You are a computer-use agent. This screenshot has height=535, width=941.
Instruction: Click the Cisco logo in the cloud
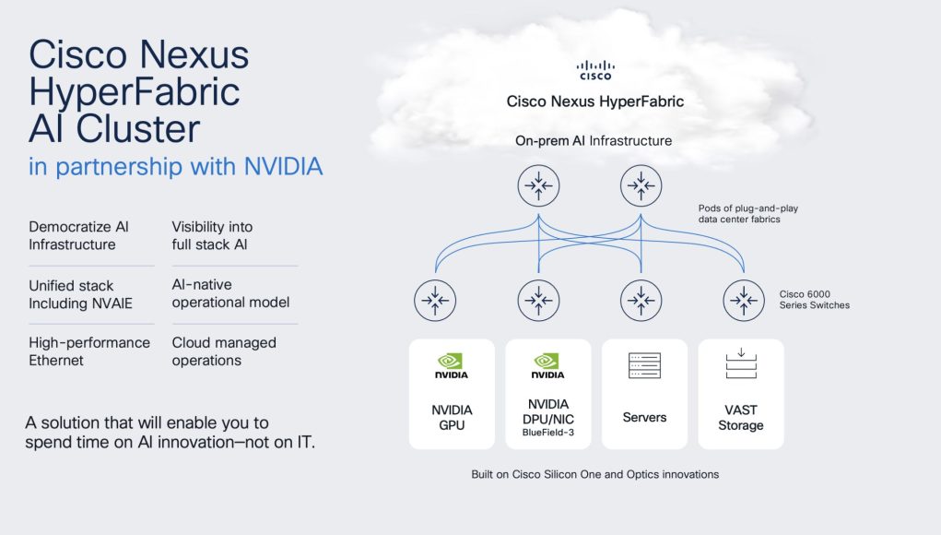595,70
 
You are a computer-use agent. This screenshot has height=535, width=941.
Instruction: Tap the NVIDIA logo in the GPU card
452,365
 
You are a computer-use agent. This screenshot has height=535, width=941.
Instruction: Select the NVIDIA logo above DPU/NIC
547,365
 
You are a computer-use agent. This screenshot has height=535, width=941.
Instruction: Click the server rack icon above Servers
644,365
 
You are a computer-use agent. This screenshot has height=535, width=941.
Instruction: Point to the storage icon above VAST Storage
741,363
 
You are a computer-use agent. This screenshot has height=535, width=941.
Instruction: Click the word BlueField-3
547,433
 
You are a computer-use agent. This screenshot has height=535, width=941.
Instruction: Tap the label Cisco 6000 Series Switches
815,300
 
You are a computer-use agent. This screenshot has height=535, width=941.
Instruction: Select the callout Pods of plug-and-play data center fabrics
747,214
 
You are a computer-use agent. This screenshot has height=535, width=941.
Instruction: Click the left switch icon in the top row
538,185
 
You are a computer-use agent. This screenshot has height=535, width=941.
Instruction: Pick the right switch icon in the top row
641,185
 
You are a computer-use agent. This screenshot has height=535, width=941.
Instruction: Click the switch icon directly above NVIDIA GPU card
435,300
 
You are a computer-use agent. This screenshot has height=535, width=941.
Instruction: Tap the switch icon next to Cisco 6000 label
744,300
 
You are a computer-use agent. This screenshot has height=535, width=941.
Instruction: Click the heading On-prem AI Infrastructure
594,140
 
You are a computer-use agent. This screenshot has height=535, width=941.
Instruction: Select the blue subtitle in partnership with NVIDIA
176,166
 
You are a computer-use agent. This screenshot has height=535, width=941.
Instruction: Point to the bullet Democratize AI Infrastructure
78,235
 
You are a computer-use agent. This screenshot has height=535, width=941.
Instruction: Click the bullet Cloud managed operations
224,351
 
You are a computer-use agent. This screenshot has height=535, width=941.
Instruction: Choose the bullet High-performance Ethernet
89,351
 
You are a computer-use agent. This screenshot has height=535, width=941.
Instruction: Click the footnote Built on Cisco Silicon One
594,474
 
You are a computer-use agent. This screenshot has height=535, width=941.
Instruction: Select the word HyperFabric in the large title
135,92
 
